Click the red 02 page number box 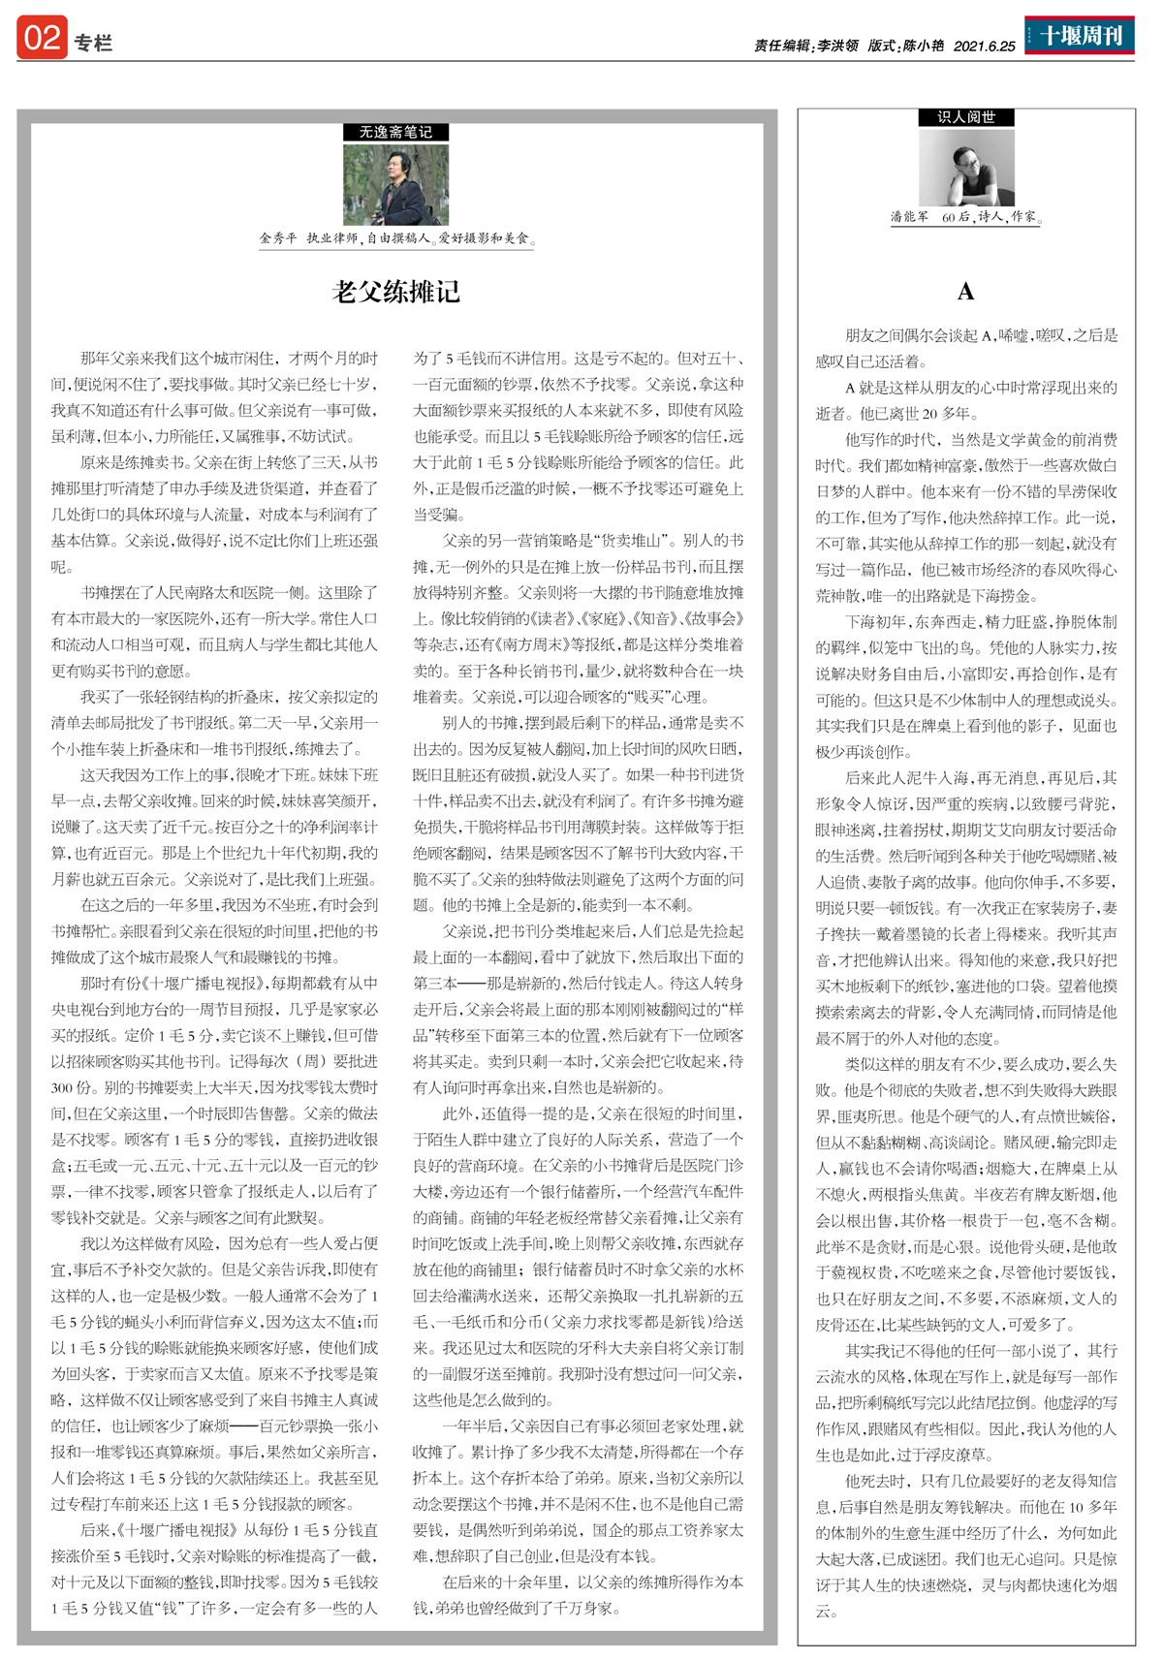pos(42,38)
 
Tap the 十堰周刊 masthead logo pos(1080,36)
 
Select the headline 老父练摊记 pos(396,292)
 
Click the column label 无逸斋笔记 pos(395,132)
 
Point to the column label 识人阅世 pos(966,117)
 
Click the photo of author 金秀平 pos(395,184)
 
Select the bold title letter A pos(965,292)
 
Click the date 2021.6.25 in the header pos(984,46)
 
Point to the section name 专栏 pos(93,43)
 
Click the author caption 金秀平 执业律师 pos(396,238)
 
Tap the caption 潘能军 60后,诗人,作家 pos(965,218)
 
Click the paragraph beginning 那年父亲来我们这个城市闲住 pos(214,397)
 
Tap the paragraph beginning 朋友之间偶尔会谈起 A pos(966,349)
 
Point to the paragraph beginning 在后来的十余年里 pos(578,1594)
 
